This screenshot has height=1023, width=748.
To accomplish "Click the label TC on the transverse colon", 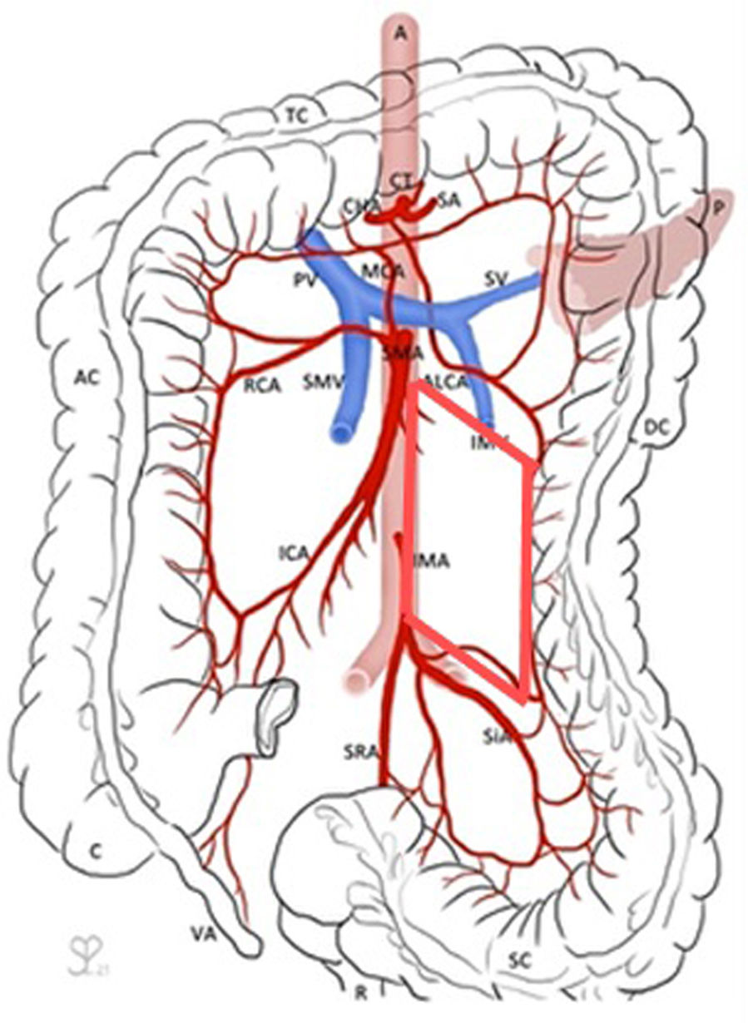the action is [296, 116].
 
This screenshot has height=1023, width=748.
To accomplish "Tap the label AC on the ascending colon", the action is [87, 378].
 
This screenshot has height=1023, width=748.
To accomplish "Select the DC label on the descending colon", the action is [656, 427].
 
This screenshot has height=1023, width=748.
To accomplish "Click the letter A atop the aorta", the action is [403, 34].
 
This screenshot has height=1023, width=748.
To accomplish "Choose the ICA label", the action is [295, 551].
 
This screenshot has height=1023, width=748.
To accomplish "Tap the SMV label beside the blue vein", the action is [319, 383].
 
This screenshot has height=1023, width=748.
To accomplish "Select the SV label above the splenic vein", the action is [498, 275].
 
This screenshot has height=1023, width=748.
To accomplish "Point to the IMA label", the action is [433, 561].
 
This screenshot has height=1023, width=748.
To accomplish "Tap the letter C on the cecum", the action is [96, 851].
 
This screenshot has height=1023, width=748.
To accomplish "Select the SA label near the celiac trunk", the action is [449, 200].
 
